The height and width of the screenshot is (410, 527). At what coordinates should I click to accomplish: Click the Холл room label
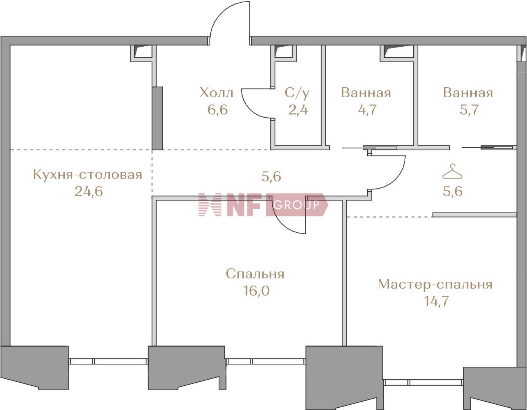click(x=216, y=93)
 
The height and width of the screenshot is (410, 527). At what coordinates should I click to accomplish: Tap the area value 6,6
click(x=217, y=110)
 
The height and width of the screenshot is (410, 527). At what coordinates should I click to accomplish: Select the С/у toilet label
click(x=297, y=93)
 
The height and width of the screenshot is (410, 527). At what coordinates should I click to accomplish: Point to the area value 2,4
click(x=298, y=110)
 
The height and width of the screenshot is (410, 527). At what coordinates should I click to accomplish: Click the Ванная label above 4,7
click(x=366, y=93)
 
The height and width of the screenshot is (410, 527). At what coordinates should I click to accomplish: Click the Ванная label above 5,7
click(x=468, y=93)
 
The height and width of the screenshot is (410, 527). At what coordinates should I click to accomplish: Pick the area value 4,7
click(x=367, y=110)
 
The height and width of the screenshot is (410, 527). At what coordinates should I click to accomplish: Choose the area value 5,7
click(x=469, y=110)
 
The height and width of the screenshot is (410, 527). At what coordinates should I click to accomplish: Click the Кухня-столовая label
click(x=87, y=175)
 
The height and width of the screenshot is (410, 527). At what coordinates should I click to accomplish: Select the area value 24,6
click(x=89, y=191)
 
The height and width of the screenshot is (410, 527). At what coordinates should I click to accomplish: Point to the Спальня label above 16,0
click(x=255, y=274)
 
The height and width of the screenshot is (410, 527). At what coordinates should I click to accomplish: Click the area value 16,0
click(x=256, y=291)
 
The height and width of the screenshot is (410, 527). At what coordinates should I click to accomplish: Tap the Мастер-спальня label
click(x=435, y=285)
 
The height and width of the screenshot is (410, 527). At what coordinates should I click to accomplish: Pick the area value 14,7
click(x=436, y=301)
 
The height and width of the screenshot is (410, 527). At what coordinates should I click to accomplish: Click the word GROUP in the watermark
click(x=297, y=205)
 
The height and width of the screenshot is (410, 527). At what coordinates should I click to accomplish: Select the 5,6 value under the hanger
click(x=452, y=191)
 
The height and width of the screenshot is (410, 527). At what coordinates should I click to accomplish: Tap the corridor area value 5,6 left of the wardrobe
click(x=271, y=177)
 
